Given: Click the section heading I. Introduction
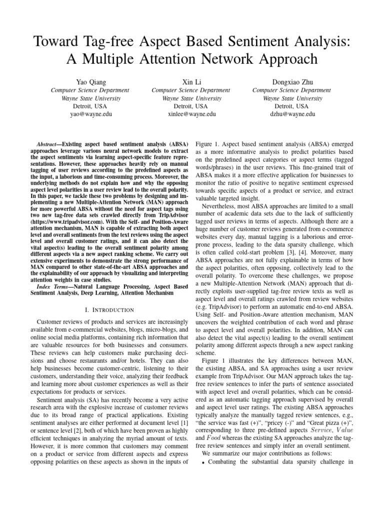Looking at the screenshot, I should (109, 310).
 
